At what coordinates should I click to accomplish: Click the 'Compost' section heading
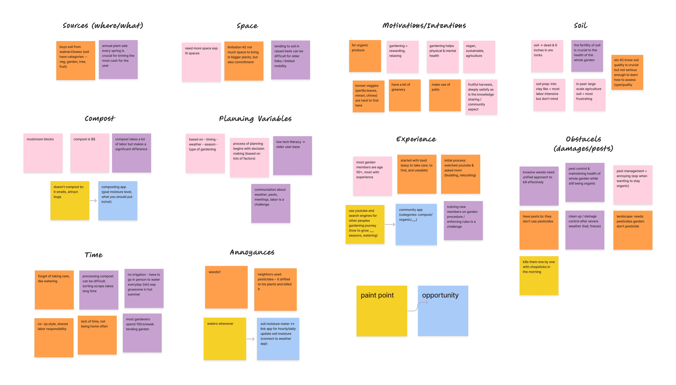(x=100, y=118)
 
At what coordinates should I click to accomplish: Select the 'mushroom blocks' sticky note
(x=43, y=153)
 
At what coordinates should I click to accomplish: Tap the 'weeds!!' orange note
(x=226, y=287)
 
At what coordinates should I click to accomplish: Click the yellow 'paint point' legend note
(x=381, y=311)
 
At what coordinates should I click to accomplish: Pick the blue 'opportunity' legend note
(x=443, y=311)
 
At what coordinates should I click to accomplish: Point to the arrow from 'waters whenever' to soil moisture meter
(x=250, y=339)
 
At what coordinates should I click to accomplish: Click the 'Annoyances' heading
(x=252, y=252)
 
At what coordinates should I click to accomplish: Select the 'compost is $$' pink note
(x=90, y=153)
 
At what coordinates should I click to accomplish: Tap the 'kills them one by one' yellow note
(x=539, y=275)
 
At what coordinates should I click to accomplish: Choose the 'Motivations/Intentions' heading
(x=424, y=26)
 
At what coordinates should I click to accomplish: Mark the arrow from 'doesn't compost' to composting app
(x=93, y=201)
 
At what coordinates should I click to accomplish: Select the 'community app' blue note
(x=416, y=224)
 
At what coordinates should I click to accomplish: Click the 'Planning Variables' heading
(x=255, y=119)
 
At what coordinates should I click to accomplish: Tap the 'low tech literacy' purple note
(x=292, y=155)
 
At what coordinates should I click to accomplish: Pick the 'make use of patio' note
(x=445, y=95)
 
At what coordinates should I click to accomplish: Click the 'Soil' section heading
(x=581, y=26)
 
